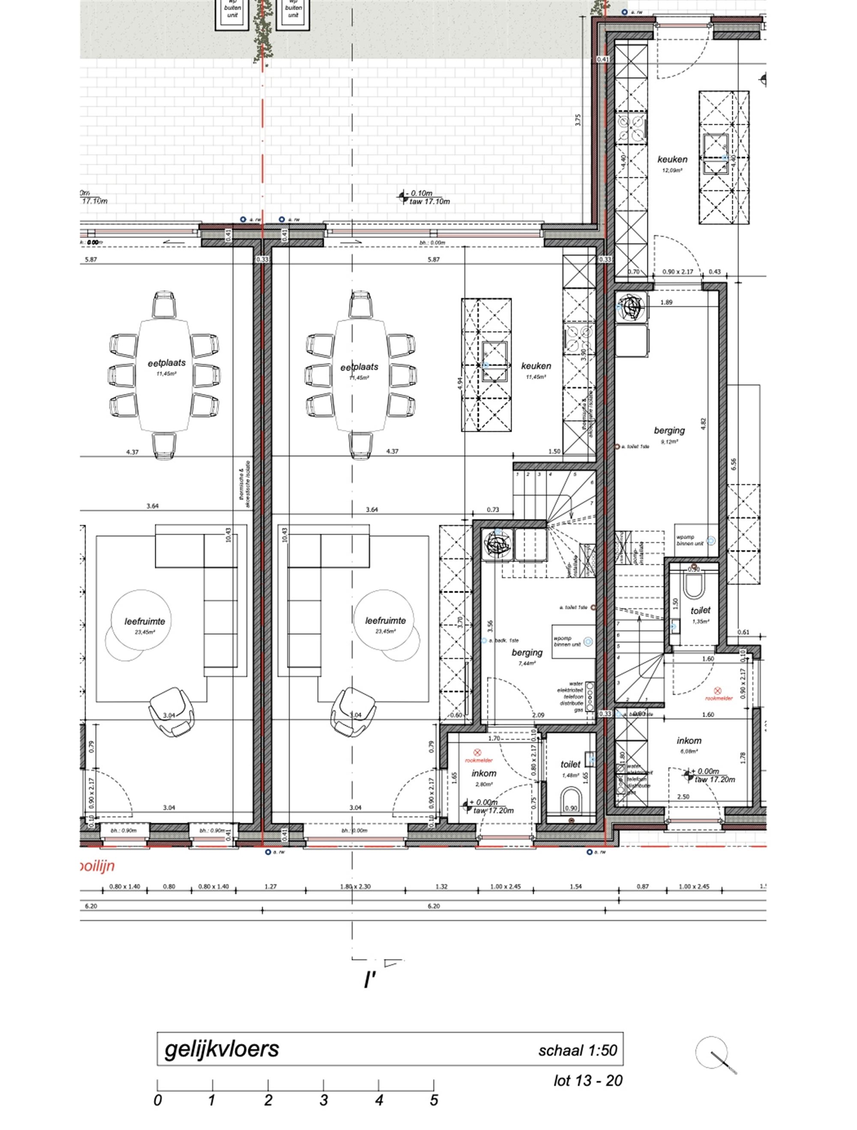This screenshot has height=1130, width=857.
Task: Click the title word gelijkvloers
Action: pos(222,1049)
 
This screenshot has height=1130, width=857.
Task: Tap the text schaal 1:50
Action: pos(577,1050)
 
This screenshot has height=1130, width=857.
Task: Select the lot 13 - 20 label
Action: pos(588,1080)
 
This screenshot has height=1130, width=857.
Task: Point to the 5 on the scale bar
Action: pos(434,1100)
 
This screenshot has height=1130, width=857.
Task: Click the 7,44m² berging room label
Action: pos(527,652)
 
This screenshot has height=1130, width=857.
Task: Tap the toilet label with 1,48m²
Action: pos(570,764)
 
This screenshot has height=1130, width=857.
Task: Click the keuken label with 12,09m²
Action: pos(672,159)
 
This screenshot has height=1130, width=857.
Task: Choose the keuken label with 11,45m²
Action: pos(536,366)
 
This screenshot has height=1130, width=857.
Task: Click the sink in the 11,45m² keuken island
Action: pos(495,361)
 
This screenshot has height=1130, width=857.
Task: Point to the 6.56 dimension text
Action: pos(734,464)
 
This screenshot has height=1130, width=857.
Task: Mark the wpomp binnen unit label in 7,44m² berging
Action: pos(567,641)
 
